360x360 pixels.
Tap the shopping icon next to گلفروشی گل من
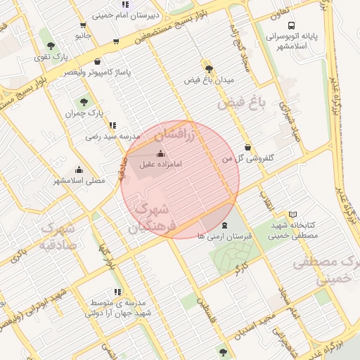[x=247, y=148]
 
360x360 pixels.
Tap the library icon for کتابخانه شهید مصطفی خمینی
[x=293, y=214]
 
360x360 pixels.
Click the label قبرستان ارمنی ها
[x=224, y=236]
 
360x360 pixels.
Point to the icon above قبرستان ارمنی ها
[x=224, y=225]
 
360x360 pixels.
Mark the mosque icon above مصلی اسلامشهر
[x=79, y=170]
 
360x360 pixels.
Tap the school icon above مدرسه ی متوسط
[x=117, y=291]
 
